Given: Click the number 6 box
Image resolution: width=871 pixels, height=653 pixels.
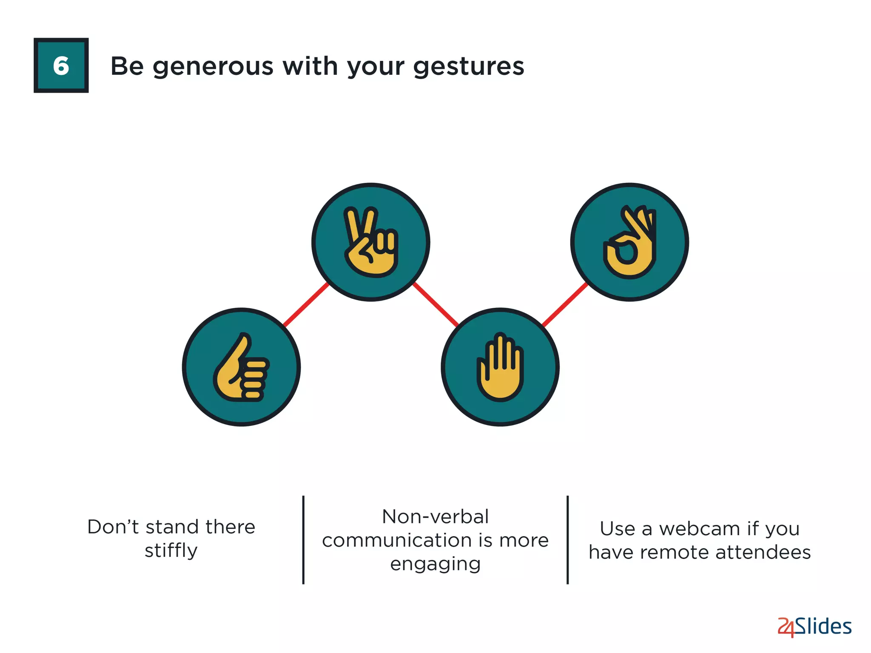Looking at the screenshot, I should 61,65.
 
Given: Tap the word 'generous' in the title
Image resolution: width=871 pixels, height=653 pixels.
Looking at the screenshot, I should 213,67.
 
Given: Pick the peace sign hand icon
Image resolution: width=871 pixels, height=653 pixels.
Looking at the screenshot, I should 371,242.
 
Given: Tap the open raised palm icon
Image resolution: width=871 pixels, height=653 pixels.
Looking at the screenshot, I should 500,367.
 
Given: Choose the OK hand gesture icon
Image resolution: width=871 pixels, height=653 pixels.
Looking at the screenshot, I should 629,242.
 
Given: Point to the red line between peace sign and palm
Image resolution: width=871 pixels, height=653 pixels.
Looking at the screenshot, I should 435,304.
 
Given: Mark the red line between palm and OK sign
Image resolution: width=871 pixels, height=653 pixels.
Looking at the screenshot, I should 565,304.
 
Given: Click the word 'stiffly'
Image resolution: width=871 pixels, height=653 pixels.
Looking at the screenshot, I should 171,551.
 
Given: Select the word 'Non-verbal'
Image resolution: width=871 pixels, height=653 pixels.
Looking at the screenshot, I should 435,517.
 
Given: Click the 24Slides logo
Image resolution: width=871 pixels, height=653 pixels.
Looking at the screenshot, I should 814,627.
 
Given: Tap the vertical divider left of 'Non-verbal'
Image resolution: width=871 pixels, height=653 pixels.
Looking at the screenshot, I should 303,540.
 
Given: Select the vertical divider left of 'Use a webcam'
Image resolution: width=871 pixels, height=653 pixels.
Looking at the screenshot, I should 568,540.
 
